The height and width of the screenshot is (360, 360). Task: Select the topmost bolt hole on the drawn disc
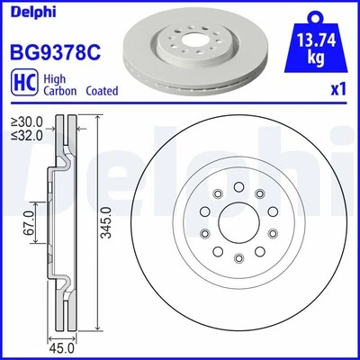(234, 186)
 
